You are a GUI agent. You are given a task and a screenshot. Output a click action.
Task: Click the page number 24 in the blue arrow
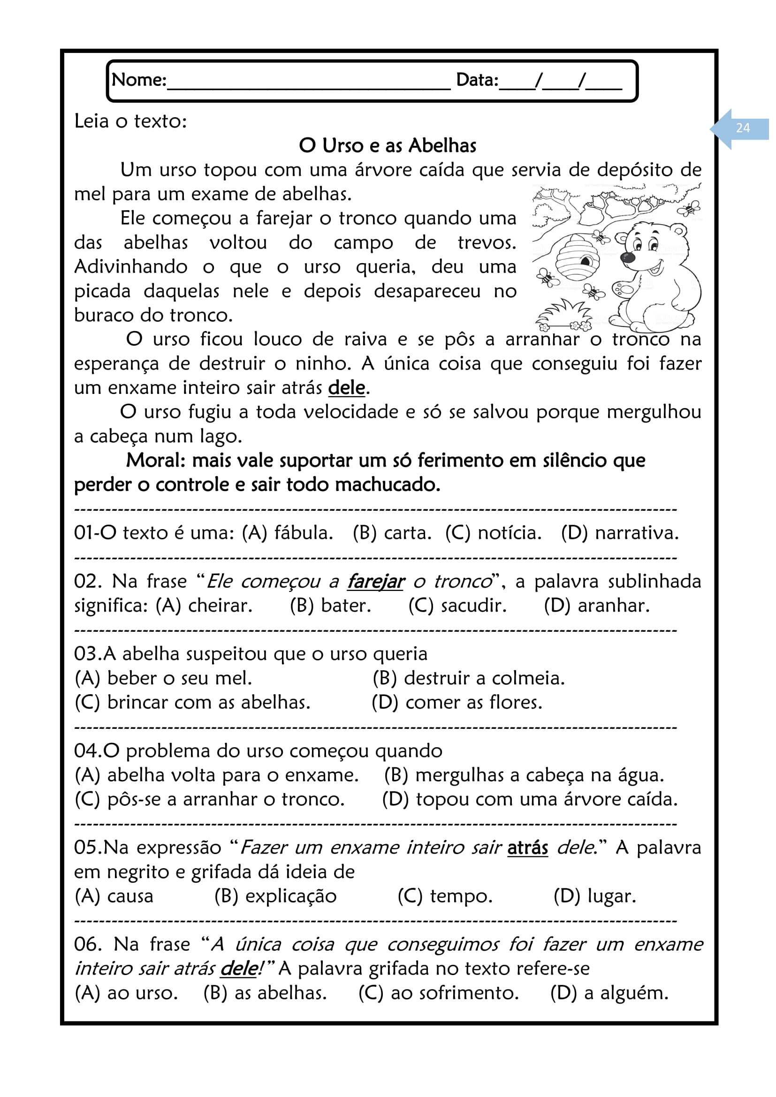(743, 128)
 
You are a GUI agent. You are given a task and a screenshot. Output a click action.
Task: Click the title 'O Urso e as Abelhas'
(388, 146)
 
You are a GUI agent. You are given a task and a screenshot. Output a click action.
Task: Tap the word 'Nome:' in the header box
(138, 80)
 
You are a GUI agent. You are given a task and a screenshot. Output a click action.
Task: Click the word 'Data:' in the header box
(477, 80)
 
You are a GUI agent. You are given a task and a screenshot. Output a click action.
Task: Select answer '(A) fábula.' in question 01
(287, 533)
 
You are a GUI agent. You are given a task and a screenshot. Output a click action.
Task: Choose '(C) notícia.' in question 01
(493, 533)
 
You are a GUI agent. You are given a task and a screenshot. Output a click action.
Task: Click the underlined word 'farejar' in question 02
(376, 582)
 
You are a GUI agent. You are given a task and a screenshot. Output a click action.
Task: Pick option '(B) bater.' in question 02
(330, 606)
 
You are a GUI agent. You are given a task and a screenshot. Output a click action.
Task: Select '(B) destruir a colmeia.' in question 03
(468, 679)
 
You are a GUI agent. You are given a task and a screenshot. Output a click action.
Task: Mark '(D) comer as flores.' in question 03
(457, 703)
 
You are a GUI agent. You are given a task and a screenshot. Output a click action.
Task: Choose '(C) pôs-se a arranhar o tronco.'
(210, 799)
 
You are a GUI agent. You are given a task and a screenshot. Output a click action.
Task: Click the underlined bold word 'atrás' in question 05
(527, 847)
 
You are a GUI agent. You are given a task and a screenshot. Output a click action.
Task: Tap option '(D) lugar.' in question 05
(595, 896)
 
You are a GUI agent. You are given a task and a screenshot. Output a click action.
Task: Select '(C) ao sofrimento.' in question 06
(439, 993)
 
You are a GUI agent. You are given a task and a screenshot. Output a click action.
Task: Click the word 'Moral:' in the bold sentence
(156, 461)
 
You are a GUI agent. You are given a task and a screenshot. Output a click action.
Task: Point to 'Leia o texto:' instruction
(130, 121)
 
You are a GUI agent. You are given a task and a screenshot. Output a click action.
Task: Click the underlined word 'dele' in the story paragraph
(346, 388)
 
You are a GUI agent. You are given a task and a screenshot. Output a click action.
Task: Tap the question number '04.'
(88, 751)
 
